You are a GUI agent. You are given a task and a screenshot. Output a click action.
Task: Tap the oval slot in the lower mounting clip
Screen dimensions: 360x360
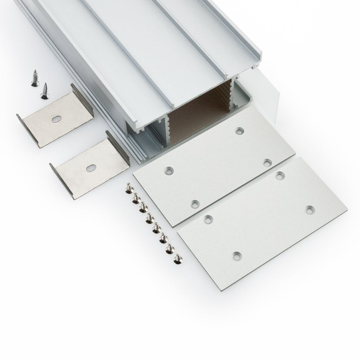[x=90, y=167]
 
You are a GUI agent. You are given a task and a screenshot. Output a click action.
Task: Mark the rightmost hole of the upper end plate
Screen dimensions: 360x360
[x=267, y=163]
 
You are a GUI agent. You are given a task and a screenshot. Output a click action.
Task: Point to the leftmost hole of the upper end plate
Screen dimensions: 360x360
[x=168, y=170]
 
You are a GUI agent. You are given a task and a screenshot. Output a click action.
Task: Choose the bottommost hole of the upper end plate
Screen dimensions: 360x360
[x=195, y=204]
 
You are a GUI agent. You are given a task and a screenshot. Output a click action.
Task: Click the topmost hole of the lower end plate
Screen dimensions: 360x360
[x=279, y=175]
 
